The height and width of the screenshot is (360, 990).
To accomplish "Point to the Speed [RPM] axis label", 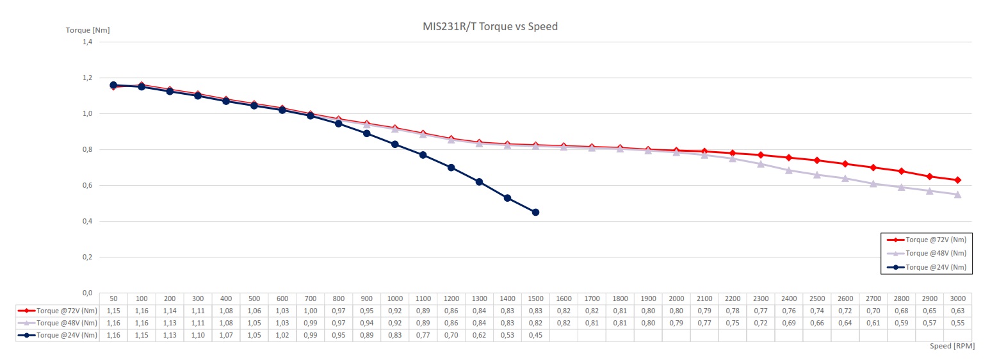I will coord(953,346).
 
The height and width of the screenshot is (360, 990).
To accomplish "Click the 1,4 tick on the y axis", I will coord(86,42).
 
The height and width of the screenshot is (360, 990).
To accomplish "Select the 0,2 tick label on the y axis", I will coord(86,258).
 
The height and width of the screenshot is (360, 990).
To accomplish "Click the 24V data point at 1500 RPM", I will coord(535,212).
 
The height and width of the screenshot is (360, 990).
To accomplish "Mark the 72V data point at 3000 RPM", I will coord(957,180).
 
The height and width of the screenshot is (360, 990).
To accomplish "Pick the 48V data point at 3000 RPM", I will coord(957,194).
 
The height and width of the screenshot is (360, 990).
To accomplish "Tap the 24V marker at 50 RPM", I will coord(113,85).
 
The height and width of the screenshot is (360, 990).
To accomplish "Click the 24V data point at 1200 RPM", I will coord(451,167).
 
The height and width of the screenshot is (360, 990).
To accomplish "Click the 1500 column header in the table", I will coord(535,299).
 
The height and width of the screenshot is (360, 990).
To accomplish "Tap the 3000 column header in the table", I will coord(957,299).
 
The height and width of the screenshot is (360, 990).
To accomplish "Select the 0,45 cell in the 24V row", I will coord(535,335).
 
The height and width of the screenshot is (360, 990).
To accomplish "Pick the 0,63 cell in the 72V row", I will coord(957,311).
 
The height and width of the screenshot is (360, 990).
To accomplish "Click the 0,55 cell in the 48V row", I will coord(957,323).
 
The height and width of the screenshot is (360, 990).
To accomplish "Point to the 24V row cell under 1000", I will coord(394,335).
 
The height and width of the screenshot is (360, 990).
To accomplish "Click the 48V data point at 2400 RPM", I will coord(789,170).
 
